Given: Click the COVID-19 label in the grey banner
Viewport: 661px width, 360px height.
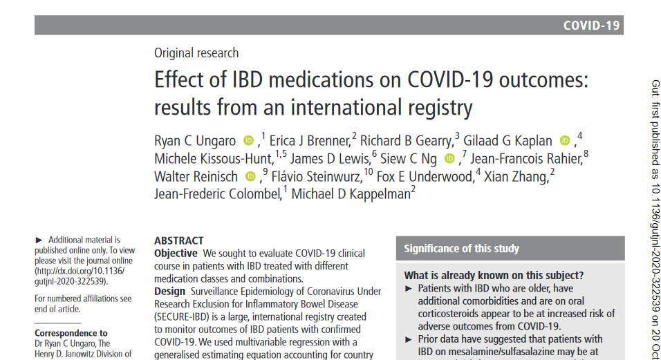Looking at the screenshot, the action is [x=591, y=26].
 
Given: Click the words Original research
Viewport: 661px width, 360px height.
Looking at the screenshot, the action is [x=196, y=53].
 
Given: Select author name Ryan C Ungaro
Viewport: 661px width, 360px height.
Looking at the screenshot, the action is [x=195, y=141].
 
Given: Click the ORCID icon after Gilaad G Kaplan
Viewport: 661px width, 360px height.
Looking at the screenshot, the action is [x=565, y=141].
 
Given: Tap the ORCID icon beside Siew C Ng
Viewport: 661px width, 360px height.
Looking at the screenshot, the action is [x=450, y=158].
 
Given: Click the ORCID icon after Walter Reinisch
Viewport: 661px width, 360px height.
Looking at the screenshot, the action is [x=250, y=176].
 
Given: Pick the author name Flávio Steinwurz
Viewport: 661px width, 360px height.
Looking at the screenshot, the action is [x=317, y=176].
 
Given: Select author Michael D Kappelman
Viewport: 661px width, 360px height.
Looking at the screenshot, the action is [x=351, y=194].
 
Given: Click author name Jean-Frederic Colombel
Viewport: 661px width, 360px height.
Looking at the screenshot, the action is [x=218, y=194].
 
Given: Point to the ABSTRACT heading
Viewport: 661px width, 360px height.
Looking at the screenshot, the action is [x=179, y=241].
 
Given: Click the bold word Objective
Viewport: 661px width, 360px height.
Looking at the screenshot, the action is [x=176, y=254].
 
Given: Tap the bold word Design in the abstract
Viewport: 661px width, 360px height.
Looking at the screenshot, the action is [x=169, y=292].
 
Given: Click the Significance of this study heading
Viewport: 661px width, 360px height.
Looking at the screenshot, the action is [x=462, y=249].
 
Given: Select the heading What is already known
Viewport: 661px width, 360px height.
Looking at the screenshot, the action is [x=494, y=276].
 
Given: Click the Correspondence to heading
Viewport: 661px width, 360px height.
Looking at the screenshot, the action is [x=71, y=333].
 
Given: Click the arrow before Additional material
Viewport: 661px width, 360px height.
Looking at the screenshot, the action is [x=39, y=240].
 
